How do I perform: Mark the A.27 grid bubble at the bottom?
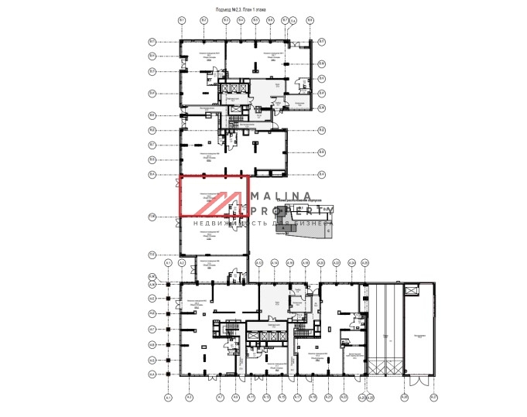tap(433, 398)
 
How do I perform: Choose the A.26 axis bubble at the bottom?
tap(404, 398)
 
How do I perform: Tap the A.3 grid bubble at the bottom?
tap(189, 398)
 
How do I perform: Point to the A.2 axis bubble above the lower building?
tap(182, 264)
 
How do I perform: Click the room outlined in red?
tap(214, 196)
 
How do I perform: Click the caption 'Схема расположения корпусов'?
tap(310, 199)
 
